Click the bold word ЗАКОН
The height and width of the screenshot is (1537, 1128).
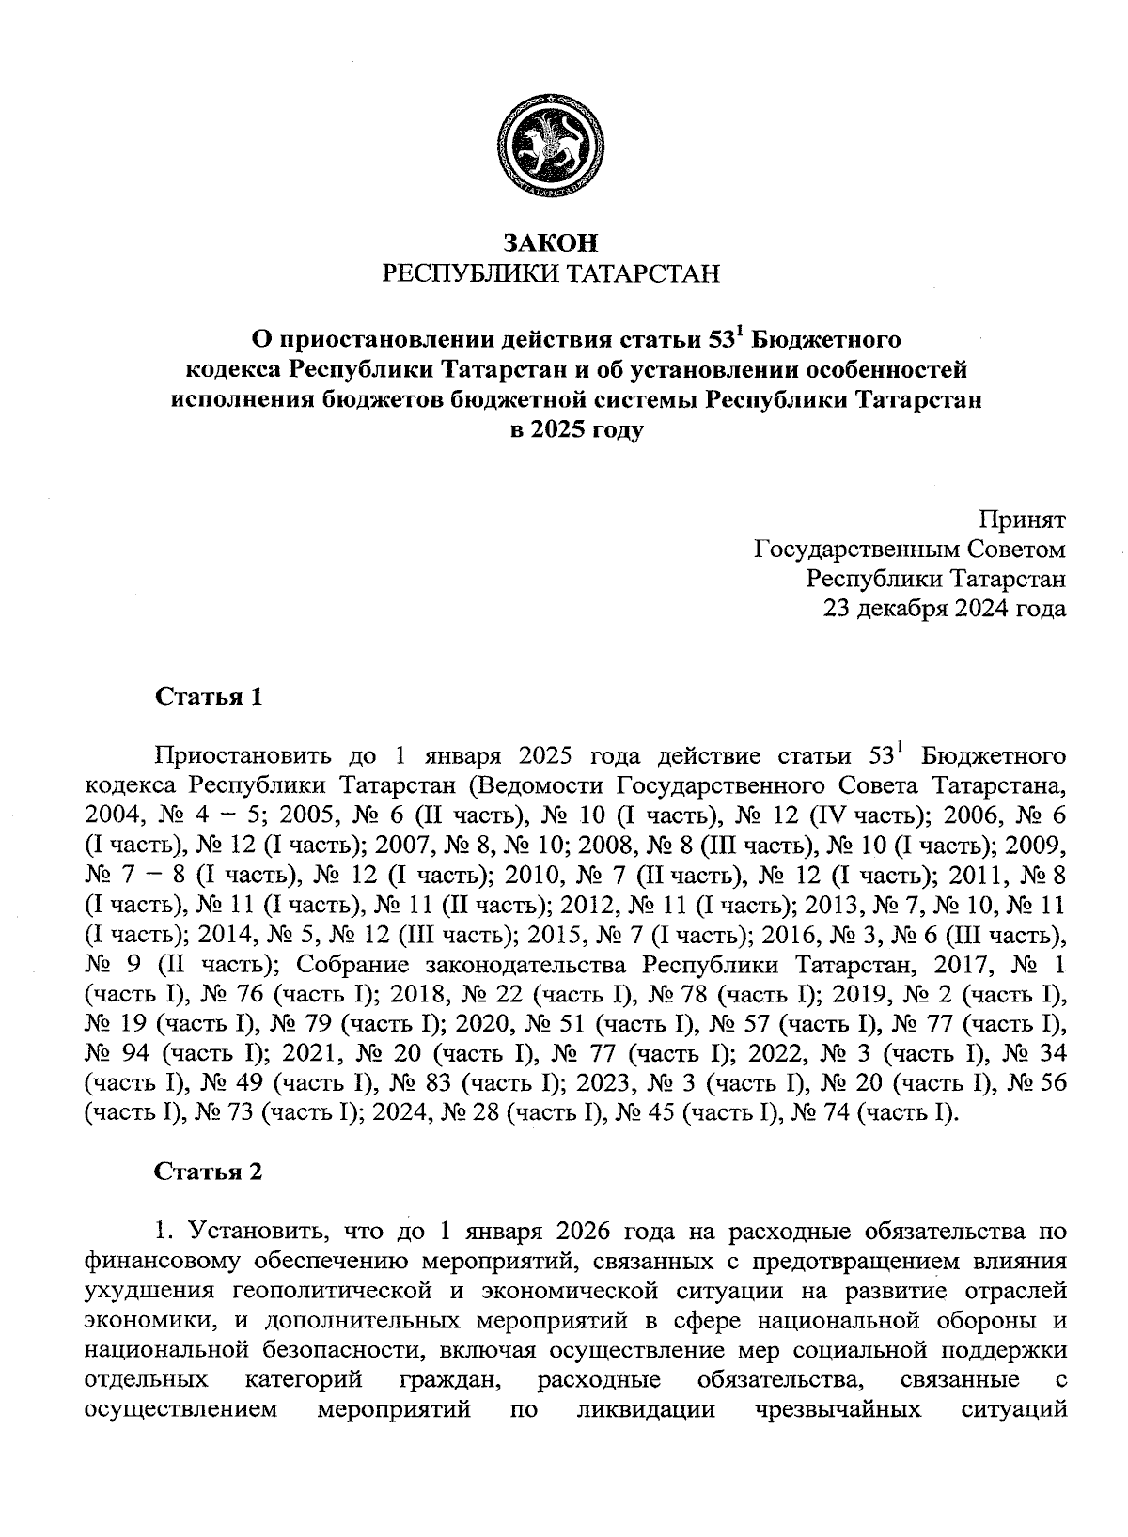pos(550,242)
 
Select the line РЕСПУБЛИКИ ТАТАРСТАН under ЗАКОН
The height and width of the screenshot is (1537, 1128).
pos(550,274)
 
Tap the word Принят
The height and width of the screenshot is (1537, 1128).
pos(1022,519)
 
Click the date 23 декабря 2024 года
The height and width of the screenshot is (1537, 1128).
pos(944,609)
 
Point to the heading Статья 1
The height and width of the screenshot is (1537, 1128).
pos(208,697)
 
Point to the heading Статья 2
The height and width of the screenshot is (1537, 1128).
pos(208,1172)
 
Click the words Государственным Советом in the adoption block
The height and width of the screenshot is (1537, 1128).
pos(910,549)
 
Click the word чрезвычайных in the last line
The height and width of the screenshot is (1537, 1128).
pos(838,1410)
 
